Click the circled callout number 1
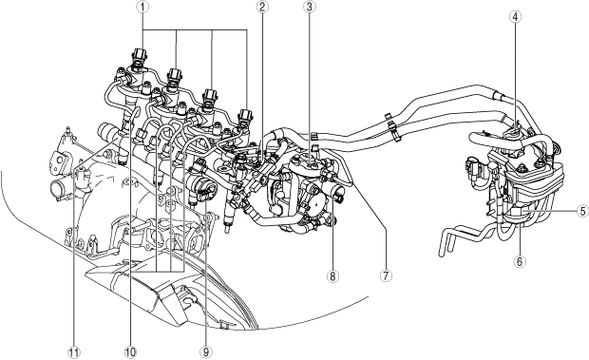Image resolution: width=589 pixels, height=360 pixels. click(x=142, y=7)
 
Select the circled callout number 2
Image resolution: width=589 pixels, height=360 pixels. click(x=262, y=7)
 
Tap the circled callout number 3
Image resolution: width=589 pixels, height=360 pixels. click(x=309, y=7)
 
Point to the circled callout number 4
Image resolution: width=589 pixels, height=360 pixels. click(x=515, y=16)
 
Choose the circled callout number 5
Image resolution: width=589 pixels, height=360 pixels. click(x=583, y=211)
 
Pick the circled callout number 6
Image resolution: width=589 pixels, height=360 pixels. click(x=520, y=261)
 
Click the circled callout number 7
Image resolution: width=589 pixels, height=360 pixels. click(x=386, y=275)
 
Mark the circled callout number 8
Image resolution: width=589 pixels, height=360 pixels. click(x=332, y=276)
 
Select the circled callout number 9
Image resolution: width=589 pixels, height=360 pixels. click(x=206, y=352)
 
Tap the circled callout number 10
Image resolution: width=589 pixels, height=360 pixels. click(x=130, y=352)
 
